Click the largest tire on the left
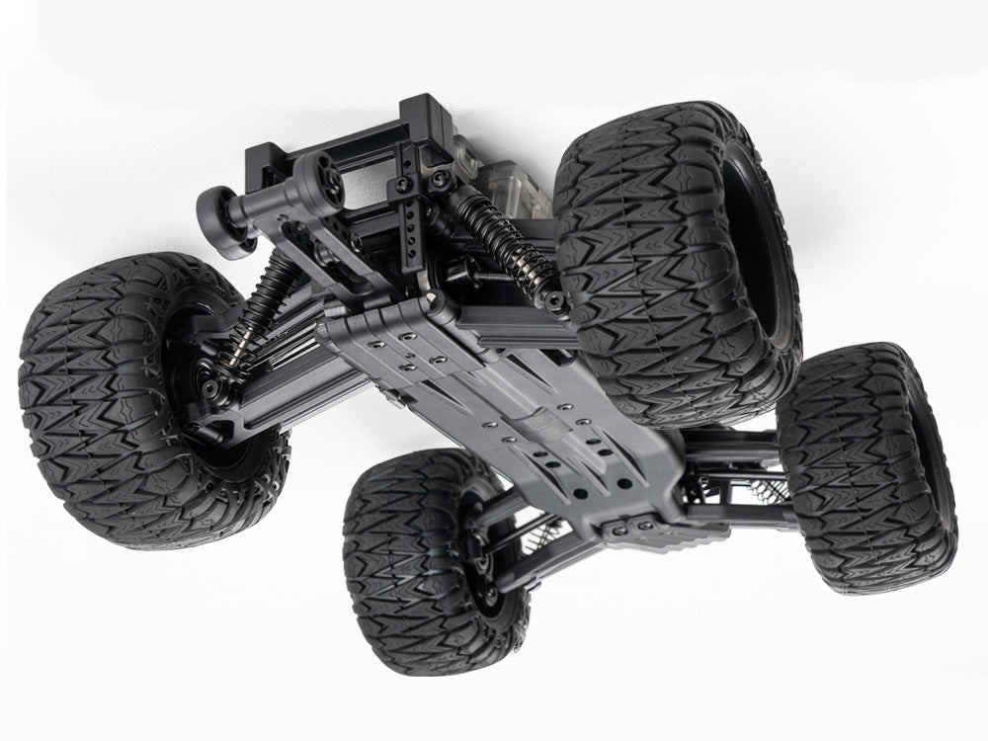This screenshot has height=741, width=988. [128, 405]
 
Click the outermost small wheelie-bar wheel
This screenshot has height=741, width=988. [219, 219]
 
